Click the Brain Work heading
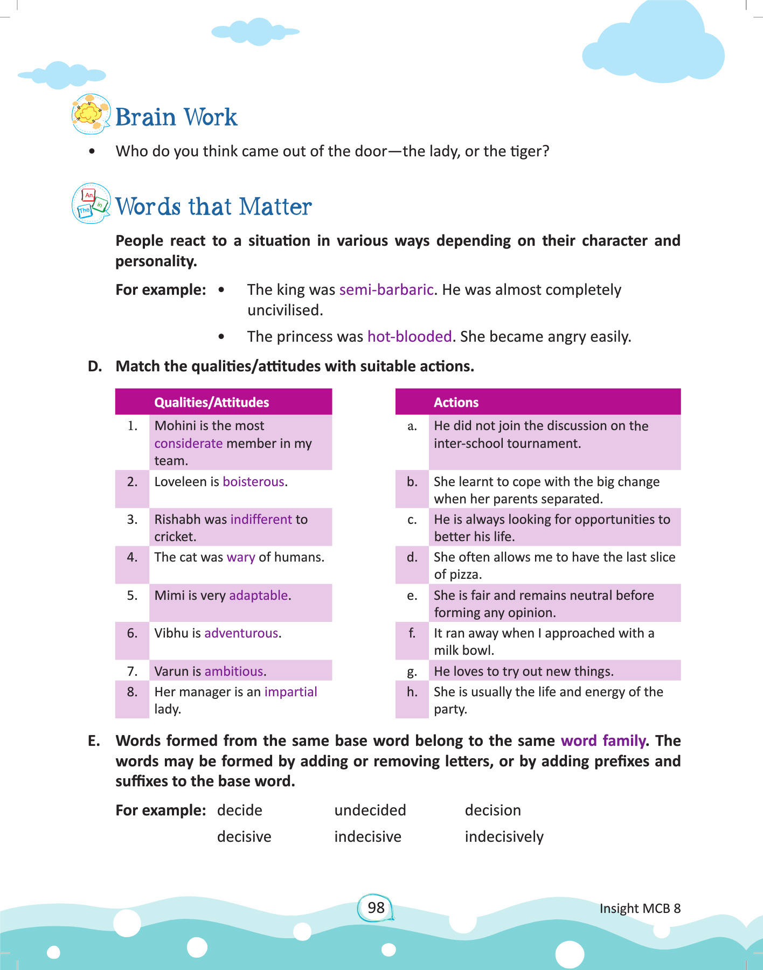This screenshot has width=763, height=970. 176,117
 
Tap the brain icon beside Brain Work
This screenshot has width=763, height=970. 91,114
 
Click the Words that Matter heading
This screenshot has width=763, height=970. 213,206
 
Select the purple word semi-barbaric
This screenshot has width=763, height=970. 386,290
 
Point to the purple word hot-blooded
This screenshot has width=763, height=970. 409,337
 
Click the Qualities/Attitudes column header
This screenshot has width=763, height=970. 211,403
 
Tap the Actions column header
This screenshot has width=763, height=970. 456,403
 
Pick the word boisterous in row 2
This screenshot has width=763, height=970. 253,482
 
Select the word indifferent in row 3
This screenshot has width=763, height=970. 261,519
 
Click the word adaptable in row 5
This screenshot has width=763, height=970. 259,595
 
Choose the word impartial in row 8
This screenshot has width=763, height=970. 290,692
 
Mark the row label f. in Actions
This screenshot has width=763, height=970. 412,633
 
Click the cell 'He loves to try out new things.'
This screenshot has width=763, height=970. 523,671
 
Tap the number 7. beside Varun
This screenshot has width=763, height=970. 132,671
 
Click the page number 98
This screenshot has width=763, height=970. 376,908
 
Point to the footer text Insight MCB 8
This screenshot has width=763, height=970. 640,909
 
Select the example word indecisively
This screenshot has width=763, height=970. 504,837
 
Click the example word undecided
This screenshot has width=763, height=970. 370,810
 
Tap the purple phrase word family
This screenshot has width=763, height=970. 603,741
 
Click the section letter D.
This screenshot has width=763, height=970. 95,366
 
